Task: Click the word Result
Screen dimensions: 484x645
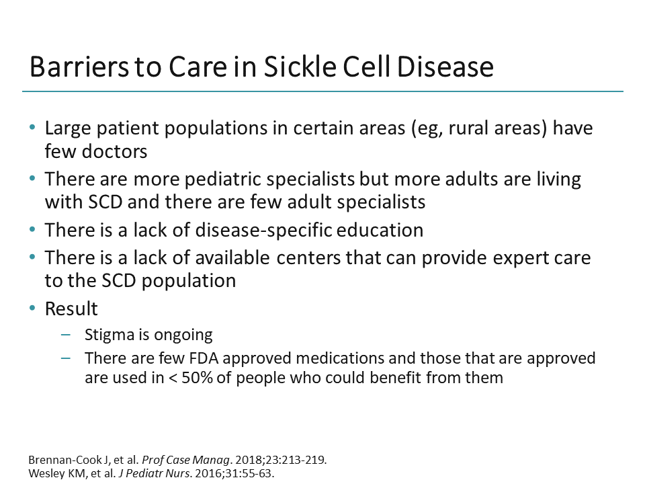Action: tap(71, 309)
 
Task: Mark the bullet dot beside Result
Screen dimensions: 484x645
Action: tap(33, 309)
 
